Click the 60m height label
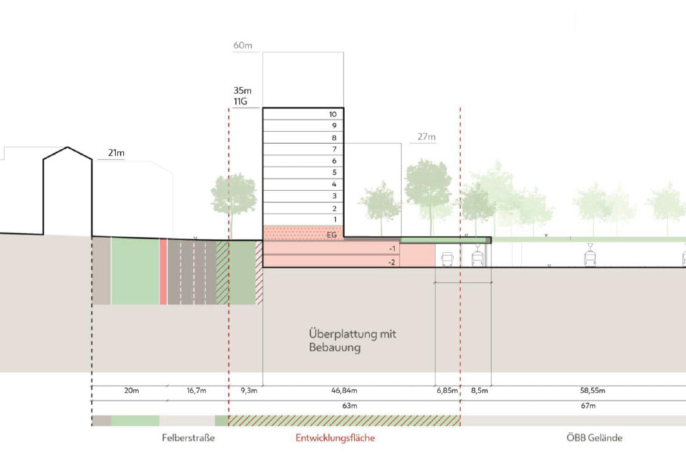tap(242, 45)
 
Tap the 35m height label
tap(242, 91)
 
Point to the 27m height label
tap(426, 136)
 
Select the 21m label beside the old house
tap(116, 153)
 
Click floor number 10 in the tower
tap(333, 114)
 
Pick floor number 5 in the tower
tap(334, 173)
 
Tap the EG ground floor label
tap(331, 235)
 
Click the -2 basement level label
tap(392, 262)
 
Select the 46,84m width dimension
tap(344, 390)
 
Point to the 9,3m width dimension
tap(249, 390)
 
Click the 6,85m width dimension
tap(447, 390)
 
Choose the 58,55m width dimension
tap(592, 390)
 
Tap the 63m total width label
tap(349, 406)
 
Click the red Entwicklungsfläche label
tap(335, 438)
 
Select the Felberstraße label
tap(188, 438)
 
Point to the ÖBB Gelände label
tap(594, 438)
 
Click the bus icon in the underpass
tap(447, 259)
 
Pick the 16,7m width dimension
tap(197, 390)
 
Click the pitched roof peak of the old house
tap(67, 147)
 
